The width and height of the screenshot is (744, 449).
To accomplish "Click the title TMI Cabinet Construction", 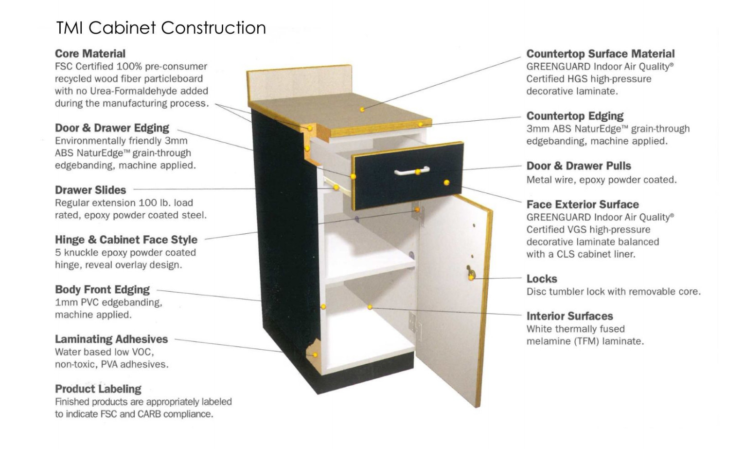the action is [160, 28].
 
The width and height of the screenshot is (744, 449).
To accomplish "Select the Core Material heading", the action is [90, 54].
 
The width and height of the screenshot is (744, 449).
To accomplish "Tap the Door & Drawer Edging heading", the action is [112, 128].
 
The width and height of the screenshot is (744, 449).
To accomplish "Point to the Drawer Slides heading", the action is [90, 190].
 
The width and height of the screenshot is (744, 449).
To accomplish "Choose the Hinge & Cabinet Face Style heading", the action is [126, 240].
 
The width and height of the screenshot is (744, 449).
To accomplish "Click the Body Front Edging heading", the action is [102, 289].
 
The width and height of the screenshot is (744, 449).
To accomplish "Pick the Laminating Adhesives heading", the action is [111, 339].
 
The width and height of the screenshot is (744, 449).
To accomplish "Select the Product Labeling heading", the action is [98, 389].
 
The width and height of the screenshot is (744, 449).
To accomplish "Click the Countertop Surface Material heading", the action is [600, 54].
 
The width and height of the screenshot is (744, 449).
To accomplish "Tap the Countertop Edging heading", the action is [575, 116].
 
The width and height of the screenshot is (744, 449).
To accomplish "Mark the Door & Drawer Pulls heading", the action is [579, 166].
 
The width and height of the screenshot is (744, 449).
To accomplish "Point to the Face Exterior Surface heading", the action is [583, 205].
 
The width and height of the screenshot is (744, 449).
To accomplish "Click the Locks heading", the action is [542, 279].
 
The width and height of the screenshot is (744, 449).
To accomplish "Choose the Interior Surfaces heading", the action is [569, 316].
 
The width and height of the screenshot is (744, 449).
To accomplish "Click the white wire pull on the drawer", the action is [411, 171].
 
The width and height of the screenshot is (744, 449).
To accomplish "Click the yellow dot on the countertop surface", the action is [362, 110].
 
